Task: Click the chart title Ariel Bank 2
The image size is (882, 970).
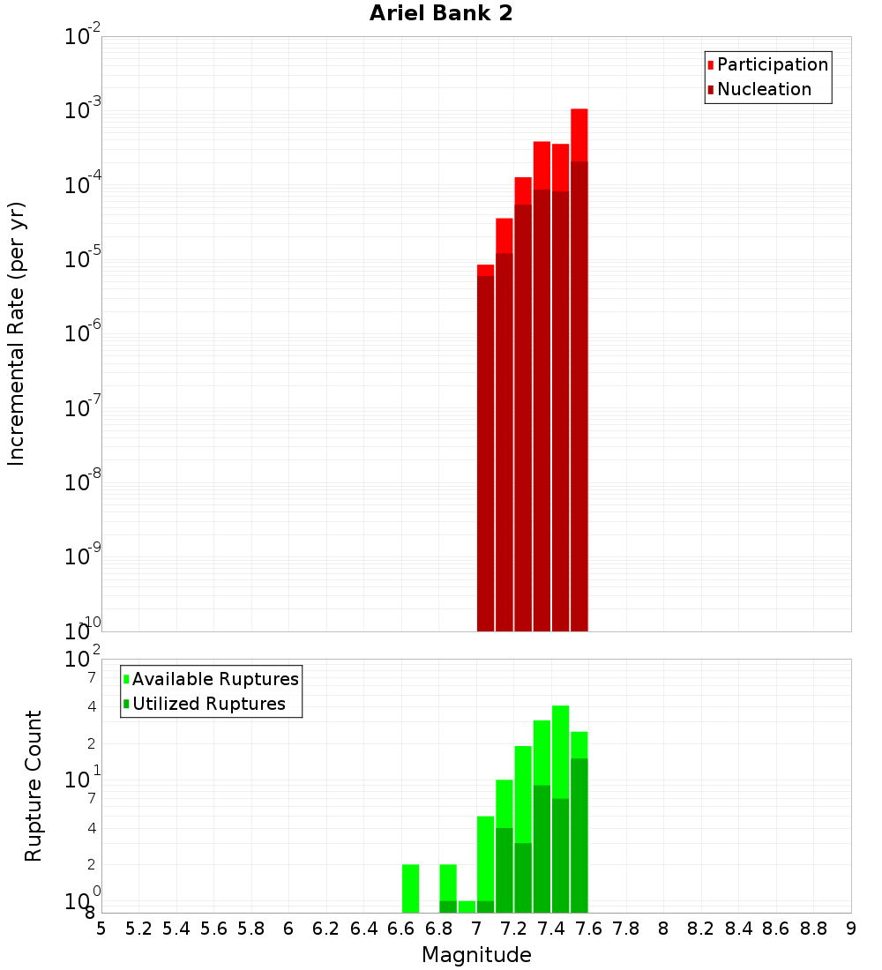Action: click(440, 13)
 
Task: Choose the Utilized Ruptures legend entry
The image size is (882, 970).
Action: click(208, 704)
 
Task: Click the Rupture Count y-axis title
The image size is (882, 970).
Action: click(34, 785)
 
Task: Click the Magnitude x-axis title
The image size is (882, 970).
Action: click(476, 955)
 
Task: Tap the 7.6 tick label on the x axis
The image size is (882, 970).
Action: click(588, 929)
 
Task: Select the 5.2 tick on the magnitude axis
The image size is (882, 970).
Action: click(138, 929)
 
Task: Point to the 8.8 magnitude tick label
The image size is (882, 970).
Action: click(813, 929)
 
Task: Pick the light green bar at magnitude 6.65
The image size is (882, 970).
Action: click(410, 888)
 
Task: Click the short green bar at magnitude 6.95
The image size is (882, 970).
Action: click(467, 907)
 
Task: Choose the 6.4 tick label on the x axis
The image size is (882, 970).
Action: click(363, 929)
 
